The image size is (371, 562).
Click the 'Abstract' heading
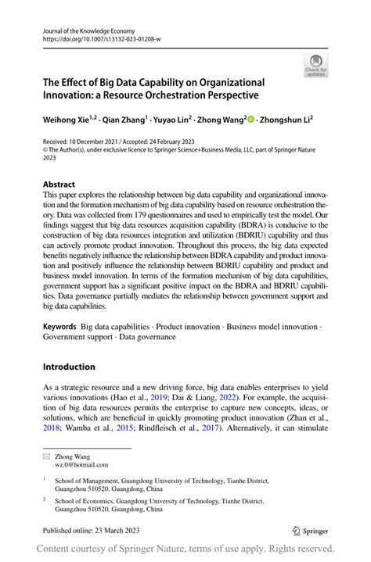(59, 184)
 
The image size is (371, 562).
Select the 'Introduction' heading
(69, 367)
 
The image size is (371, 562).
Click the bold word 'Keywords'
(59, 327)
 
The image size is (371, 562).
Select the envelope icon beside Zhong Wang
(46, 455)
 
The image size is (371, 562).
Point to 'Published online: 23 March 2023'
(92, 530)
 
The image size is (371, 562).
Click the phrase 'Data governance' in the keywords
(149, 337)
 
